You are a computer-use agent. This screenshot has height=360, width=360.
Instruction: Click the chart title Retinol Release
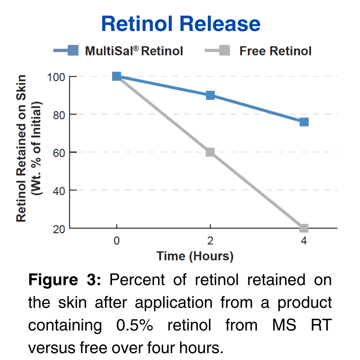181,24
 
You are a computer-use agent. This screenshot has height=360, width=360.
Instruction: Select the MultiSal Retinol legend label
134,51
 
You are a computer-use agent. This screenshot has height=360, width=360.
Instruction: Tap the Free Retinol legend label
275,51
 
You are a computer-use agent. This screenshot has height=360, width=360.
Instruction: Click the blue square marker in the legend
73,50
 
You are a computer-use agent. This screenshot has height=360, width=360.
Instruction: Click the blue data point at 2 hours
210,95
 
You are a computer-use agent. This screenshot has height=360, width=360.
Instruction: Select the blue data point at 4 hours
304,122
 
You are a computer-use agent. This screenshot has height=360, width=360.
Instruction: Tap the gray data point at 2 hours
210,152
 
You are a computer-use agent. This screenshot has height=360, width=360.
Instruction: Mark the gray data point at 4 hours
304,228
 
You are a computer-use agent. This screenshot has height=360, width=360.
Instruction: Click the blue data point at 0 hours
117,76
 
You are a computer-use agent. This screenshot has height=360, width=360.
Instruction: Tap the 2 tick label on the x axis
210,241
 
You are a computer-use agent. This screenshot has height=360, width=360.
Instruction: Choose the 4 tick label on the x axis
304,241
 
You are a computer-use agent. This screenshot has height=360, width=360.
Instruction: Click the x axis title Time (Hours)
195,256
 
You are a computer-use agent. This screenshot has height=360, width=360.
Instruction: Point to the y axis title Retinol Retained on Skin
22,148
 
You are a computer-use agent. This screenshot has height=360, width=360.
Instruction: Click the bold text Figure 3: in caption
65,280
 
